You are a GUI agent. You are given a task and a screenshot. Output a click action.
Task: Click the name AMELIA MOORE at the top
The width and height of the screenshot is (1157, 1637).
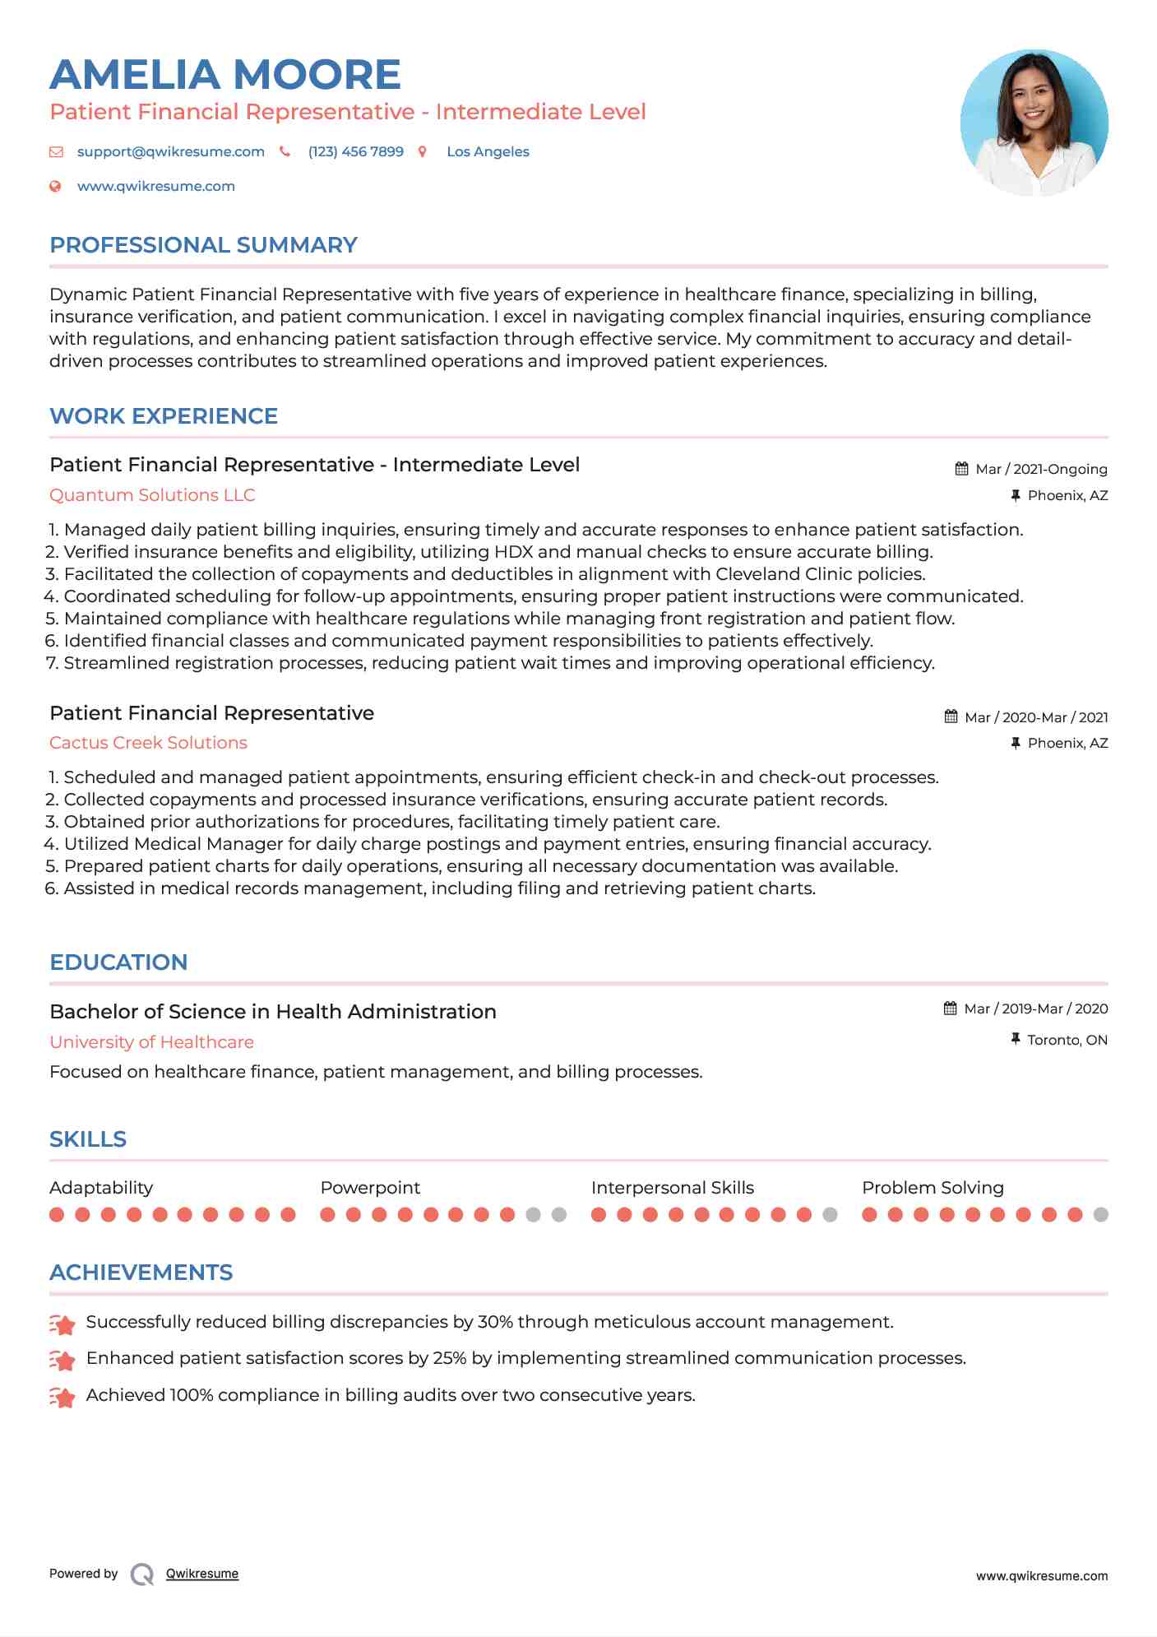click(x=224, y=75)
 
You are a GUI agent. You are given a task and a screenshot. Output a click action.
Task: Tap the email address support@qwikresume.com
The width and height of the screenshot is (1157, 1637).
click(x=170, y=151)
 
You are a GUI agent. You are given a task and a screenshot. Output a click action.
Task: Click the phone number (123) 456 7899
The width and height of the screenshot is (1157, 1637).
click(x=355, y=151)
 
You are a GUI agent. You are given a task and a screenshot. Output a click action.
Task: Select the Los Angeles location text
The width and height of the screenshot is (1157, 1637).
click(x=488, y=151)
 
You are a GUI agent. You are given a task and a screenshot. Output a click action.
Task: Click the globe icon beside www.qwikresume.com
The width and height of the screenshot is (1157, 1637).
click(x=55, y=186)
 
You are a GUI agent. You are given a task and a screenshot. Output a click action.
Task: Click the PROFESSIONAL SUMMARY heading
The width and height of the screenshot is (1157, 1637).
click(x=203, y=245)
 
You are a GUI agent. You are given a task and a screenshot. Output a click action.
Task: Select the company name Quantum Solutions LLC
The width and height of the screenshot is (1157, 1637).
click(x=152, y=495)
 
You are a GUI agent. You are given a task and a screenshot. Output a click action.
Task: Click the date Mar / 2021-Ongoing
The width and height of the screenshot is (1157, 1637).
click(x=1041, y=469)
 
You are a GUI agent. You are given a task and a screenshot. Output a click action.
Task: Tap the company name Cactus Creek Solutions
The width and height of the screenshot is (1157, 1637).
click(x=148, y=743)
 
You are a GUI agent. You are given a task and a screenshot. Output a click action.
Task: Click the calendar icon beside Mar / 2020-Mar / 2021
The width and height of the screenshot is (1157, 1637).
click(x=951, y=716)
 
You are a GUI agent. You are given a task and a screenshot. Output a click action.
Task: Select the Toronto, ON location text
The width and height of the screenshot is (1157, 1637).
click(x=1067, y=1040)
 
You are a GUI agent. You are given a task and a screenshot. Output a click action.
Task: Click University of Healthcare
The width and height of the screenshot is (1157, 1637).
click(x=151, y=1042)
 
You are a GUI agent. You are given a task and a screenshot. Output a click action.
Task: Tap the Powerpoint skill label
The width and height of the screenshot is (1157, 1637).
click(x=370, y=1188)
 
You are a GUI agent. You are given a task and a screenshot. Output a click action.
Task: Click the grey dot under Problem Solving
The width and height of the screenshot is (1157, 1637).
click(x=1101, y=1214)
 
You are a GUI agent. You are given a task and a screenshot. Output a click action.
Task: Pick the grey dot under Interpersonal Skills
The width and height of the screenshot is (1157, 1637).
click(x=830, y=1214)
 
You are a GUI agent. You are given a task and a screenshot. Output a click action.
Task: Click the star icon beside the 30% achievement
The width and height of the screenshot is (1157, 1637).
click(x=62, y=1324)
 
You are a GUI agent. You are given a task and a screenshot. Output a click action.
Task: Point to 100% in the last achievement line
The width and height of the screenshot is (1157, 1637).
click(x=191, y=1395)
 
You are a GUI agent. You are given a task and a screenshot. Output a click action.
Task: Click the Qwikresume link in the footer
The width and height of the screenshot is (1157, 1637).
click(x=202, y=1574)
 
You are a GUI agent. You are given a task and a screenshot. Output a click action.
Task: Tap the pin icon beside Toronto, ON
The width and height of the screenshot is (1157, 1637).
click(x=1016, y=1039)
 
